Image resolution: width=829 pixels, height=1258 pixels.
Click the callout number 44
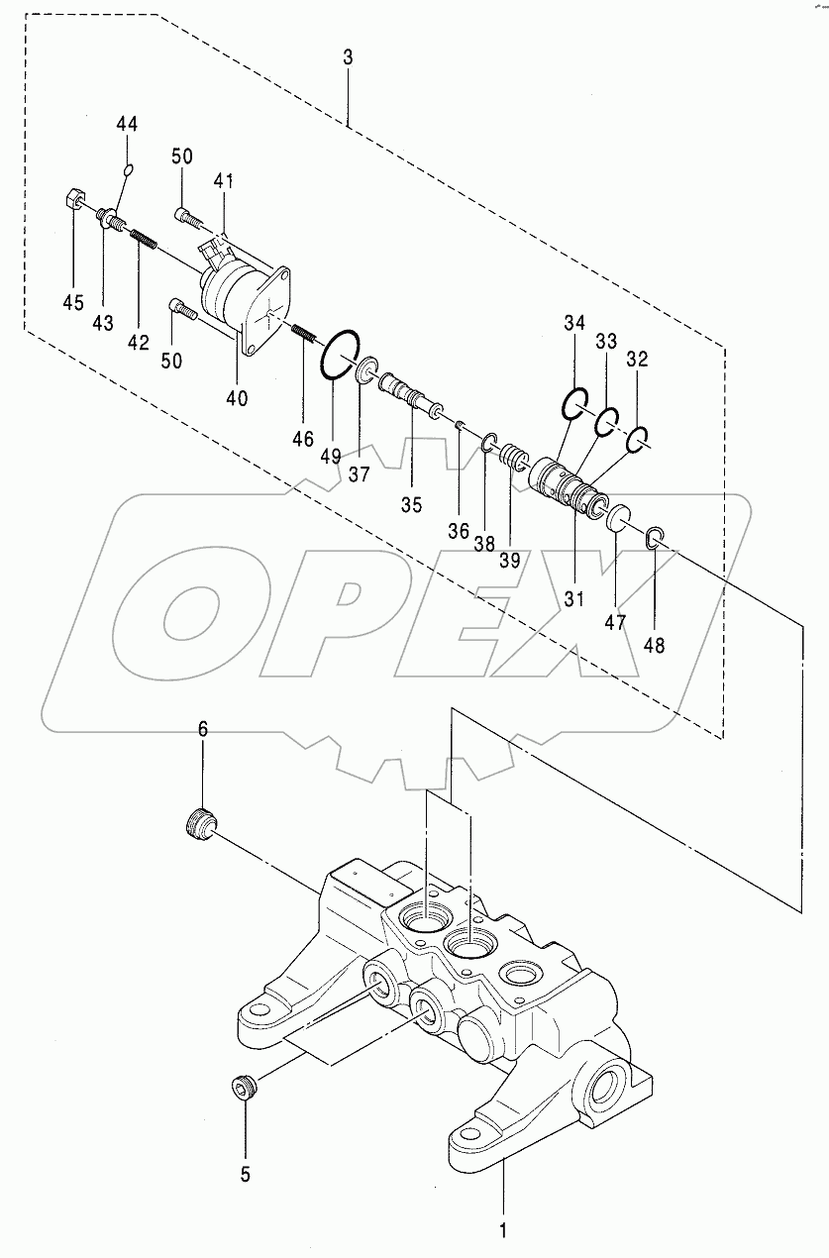click(x=127, y=124)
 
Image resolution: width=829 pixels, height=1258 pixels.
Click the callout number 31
click(x=574, y=598)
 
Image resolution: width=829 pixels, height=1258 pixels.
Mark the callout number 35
click(x=412, y=504)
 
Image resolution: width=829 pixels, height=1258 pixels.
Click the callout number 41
click(x=224, y=181)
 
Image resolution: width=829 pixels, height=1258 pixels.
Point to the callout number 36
click(x=458, y=531)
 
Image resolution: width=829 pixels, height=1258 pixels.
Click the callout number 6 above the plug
click(x=203, y=729)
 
